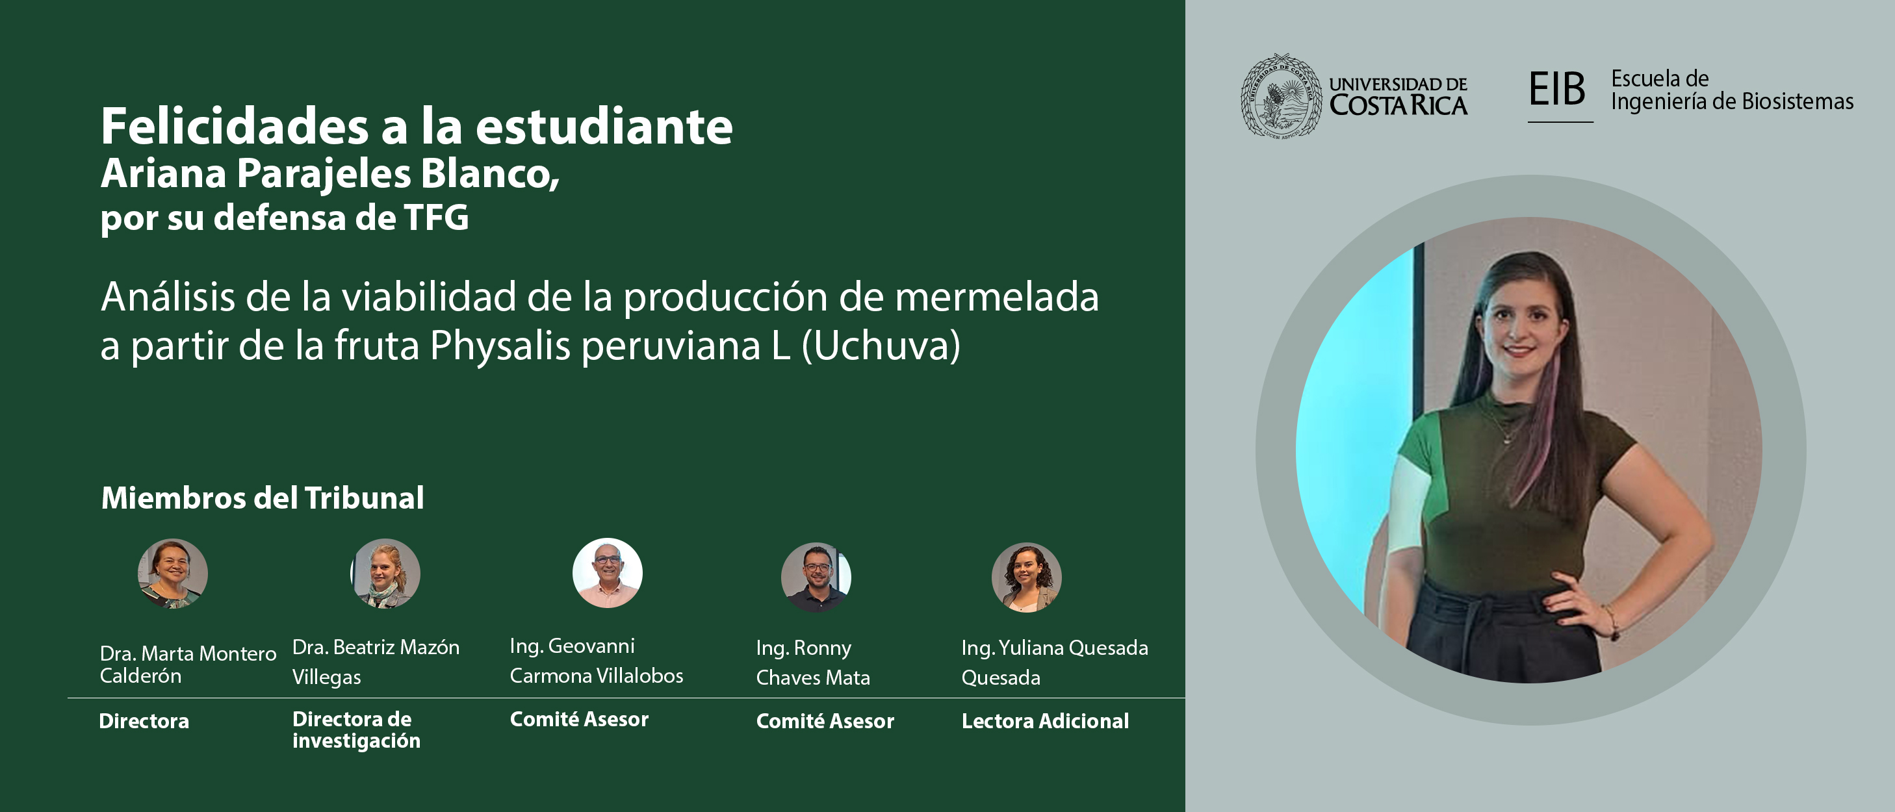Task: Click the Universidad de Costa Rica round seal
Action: coord(1281,95)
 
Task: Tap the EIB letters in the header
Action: coord(1556,89)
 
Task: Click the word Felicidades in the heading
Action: coord(235,127)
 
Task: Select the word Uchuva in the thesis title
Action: coord(881,345)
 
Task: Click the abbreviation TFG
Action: coord(436,218)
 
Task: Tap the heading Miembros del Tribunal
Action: coord(263,498)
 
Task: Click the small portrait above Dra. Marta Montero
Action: coord(173,574)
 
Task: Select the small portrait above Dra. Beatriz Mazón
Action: coord(385,574)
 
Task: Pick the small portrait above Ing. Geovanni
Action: coord(608,573)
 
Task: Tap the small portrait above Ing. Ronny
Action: coord(816,577)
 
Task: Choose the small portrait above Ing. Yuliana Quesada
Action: coord(1026,577)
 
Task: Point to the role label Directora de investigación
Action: coord(356,730)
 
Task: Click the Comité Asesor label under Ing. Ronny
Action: coord(825,721)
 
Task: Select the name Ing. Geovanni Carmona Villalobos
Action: coord(597,661)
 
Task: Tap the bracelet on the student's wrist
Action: coord(1611,620)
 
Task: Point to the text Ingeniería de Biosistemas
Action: coord(1733,101)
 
